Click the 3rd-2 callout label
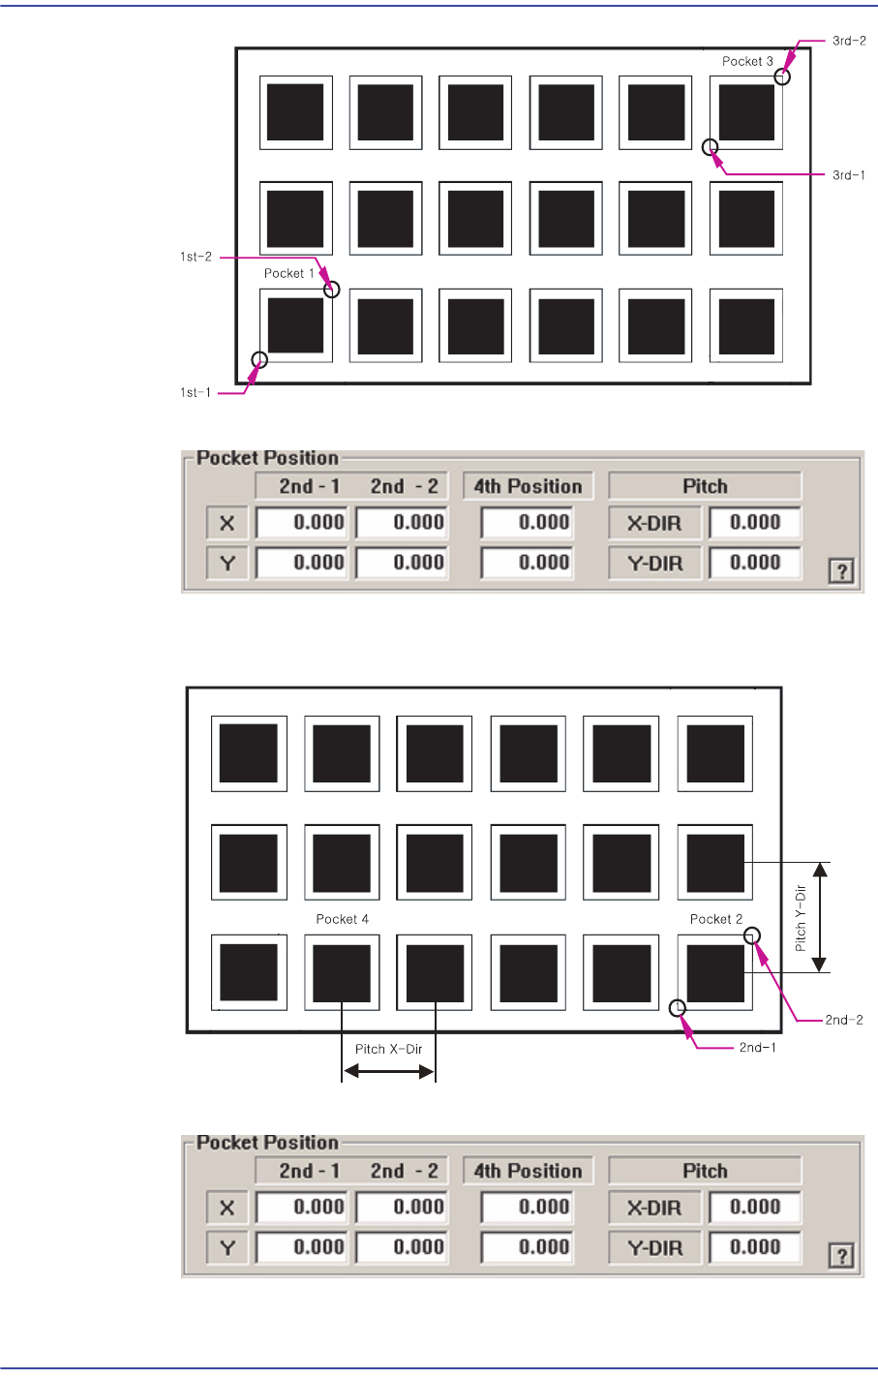(849, 42)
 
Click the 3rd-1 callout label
(849, 175)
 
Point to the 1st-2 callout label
(196, 257)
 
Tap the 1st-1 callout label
(196, 392)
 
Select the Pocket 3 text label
(747, 62)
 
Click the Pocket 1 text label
(288, 274)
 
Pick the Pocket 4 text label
(342, 919)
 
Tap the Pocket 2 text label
(716, 919)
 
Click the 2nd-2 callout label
(844, 1020)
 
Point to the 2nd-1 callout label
(758, 1047)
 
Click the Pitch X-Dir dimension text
(388, 1049)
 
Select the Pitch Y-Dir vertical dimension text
(801, 918)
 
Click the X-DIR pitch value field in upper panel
(755, 523)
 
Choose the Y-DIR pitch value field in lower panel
(755, 1247)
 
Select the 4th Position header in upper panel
(528, 486)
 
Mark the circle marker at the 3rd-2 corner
(782, 77)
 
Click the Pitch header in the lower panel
(705, 1171)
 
